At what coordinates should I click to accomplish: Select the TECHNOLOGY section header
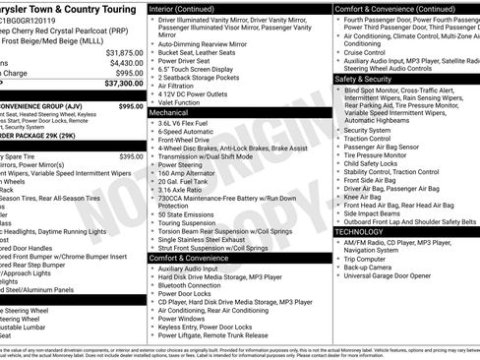(365, 232)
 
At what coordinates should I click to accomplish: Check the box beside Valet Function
(153, 102)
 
